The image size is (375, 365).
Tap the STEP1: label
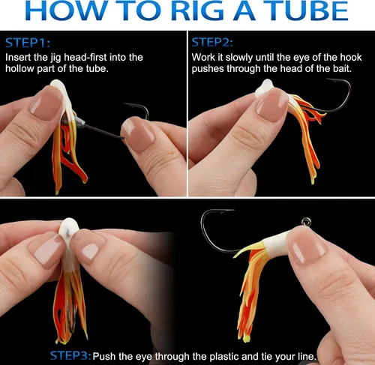pos(28,43)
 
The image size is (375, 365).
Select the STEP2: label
pos(212,43)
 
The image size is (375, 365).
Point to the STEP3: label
pos(70,355)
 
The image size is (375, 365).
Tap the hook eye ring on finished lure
pos(306,221)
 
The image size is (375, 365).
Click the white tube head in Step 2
pos(265,88)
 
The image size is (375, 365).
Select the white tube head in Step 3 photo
pos(69,230)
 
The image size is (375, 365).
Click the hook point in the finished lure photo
pos(232,210)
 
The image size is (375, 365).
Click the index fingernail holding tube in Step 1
pos(46,100)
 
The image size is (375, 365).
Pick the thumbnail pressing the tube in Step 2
pos(273,102)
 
